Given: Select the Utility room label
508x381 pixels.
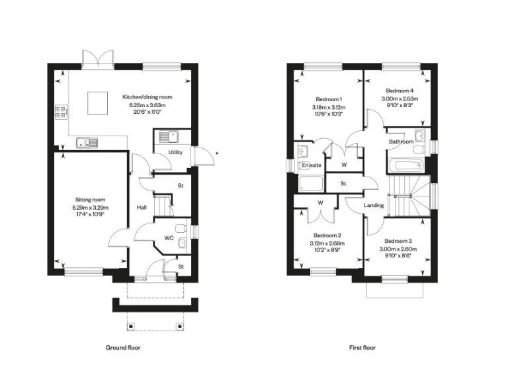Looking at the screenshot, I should [175, 152].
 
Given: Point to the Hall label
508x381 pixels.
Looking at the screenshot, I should [142, 208].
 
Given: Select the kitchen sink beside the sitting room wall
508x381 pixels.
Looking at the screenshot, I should [87, 142].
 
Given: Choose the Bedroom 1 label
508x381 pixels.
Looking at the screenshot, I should [328, 98].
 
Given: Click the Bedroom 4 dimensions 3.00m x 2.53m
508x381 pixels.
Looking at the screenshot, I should [400, 99].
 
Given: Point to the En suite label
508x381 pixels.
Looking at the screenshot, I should [311, 165].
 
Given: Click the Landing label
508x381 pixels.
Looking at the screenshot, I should [374, 206].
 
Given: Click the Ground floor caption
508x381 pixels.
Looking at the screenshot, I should [123, 347].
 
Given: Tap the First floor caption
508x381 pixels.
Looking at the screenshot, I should [362, 347].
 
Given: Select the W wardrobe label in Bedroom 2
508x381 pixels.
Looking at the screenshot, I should [319, 202].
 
